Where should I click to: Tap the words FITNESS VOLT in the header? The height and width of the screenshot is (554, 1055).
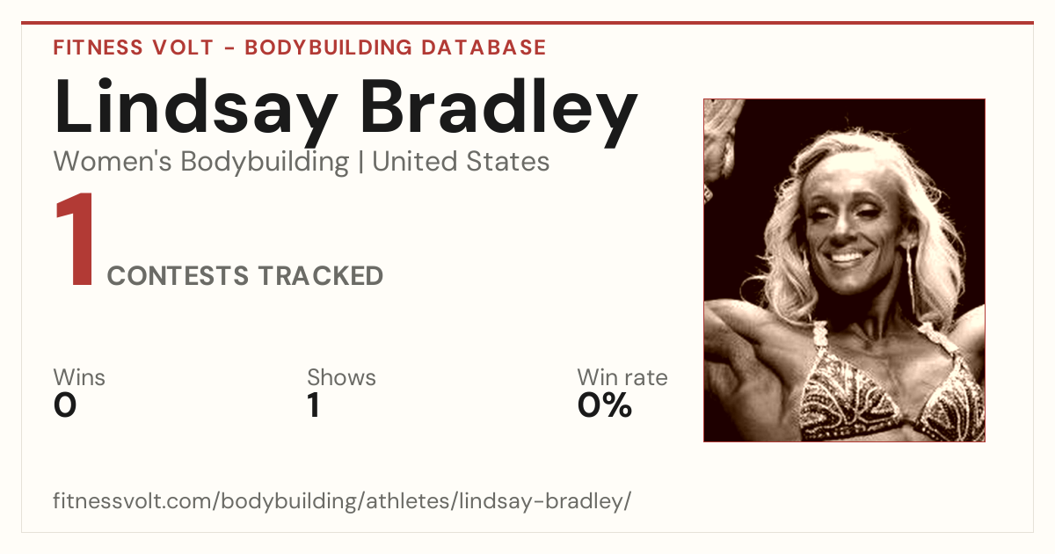pyautogui.click(x=134, y=47)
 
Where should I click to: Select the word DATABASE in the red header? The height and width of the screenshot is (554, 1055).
pyautogui.click(x=484, y=47)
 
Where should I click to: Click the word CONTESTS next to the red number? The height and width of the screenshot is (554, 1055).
pyautogui.click(x=178, y=275)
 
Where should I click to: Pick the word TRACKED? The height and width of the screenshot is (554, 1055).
pyautogui.click(x=321, y=275)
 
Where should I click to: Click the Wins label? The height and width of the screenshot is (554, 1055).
pyautogui.click(x=79, y=377)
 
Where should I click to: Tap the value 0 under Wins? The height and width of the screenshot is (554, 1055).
pyautogui.click(x=65, y=405)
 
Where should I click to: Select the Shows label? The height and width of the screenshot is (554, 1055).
pyautogui.click(x=341, y=377)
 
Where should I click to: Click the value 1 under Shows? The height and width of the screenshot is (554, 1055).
pyautogui.click(x=314, y=405)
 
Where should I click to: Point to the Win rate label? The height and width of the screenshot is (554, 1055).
pyautogui.click(x=622, y=377)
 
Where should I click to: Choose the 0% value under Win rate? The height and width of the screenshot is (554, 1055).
pyautogui.click(x=605, y=405)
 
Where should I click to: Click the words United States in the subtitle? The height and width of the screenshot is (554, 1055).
pyautogui.click(x=461, y=162)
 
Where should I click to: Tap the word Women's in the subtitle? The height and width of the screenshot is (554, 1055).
pyautogui.click(x=113, y=162)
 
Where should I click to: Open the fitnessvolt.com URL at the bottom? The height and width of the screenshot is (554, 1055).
pyautogui.click(x=342, y=500)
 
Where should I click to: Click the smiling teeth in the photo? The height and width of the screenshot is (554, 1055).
pyautogui.click(x=847, y=258)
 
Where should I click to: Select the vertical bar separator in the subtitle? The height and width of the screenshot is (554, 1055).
pyautogui.click(x=360, y=163)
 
